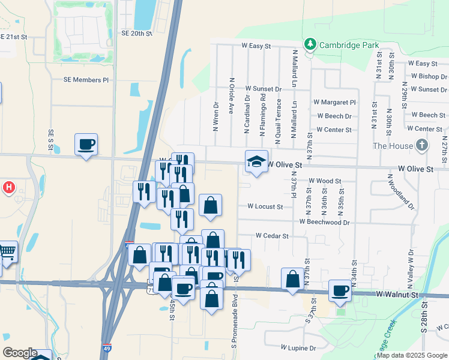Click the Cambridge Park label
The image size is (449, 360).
click(x=349, y=44)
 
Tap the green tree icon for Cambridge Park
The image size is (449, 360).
click(x=310, y=44)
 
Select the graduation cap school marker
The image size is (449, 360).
click(x=256, y=161)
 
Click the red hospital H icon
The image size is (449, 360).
click(x=8, y=187)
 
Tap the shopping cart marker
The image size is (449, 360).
click(x=7, y=251)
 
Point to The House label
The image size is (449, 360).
click(x=393, y=146)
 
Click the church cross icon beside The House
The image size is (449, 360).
click(x=423, y=145)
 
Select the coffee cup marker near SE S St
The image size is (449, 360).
click(x=86, y=145)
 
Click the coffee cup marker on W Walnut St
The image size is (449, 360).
click(x=340, y=290)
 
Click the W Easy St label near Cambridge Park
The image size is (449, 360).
click(x=257, y=45)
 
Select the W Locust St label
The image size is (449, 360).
click(x=265, y=206)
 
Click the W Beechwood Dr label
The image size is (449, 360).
click(x=328, y=222)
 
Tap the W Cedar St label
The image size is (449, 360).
click(x=273, y=236)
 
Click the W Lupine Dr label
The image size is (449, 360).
click(x=298, y=347)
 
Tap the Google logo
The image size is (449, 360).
click(x=20, y=353)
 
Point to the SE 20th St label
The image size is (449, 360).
click(x=137, y=34)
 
